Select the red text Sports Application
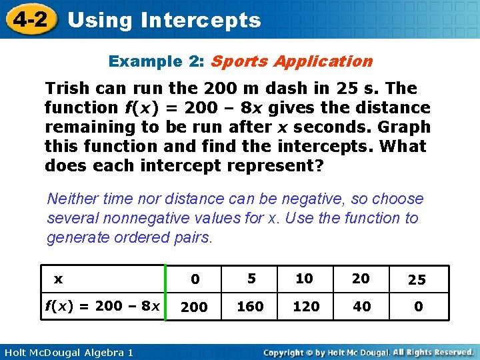pyautogui.click(x=291, y=61)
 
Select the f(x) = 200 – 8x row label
pyautogui.click(x=103, y=307)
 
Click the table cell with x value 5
pyautogui.click(x=251, y=279)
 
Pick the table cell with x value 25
pyautogui.click(x=417, y=279)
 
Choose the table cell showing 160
pyautogui.click(x=251, y=307)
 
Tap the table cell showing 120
pyautogui.click(x=306, y=307)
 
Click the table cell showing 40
pyautogui.click(x=361, y=307)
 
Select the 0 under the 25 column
pyautogui.click(x=418, y=307)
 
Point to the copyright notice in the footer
pyautogui.click(x=368, y=351)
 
